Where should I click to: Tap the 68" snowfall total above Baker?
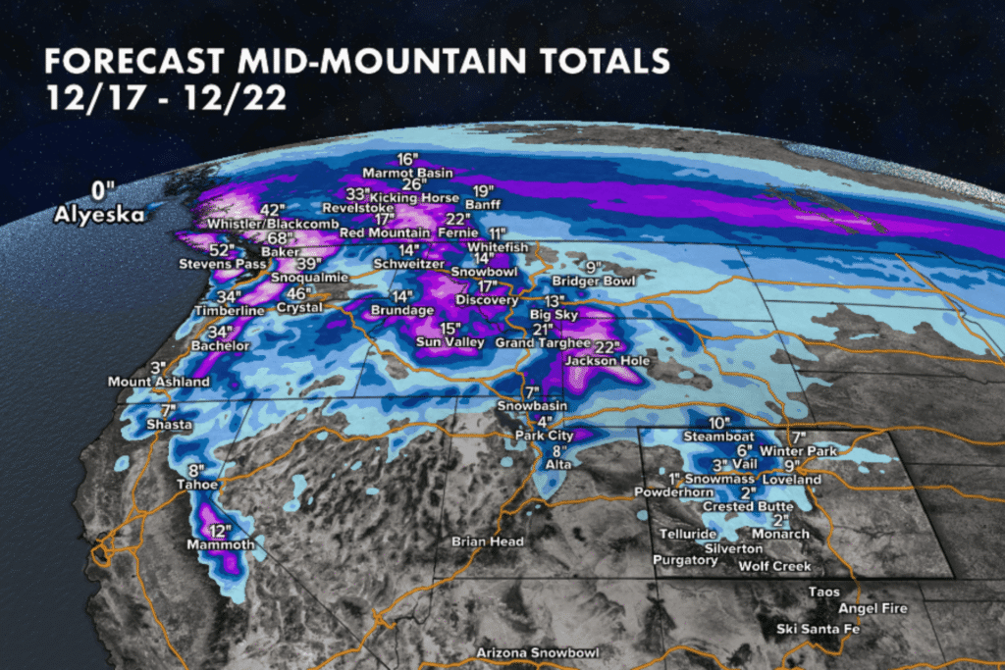click(x=254, y=238)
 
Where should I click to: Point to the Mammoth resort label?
click(x=221, y=544)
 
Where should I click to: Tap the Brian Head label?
click(x=487, y=541)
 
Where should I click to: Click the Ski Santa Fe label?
click(x=818, y=628)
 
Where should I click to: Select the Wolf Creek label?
click(x=775, y=566)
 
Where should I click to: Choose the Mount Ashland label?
click(x=158, y=381)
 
